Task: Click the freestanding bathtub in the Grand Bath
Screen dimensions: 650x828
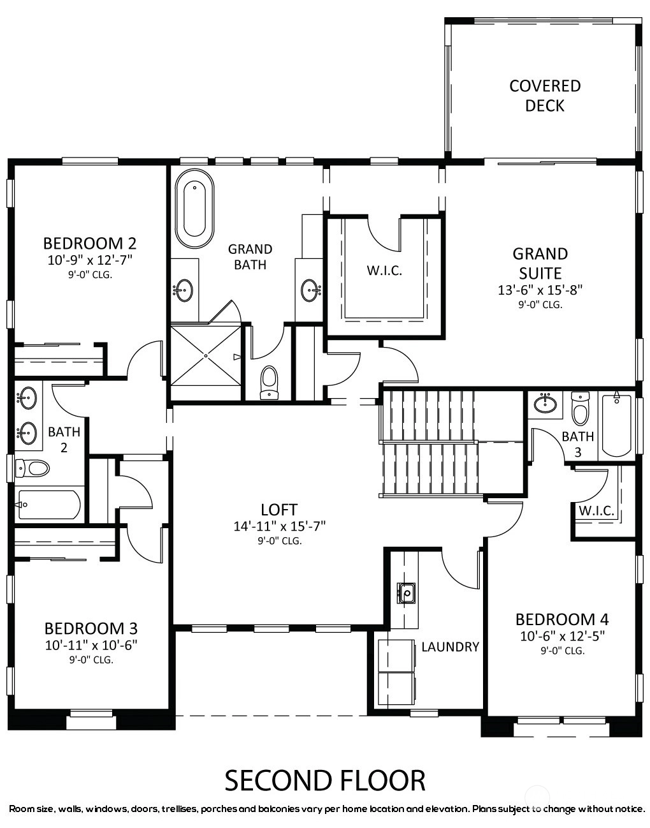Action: point(194,209)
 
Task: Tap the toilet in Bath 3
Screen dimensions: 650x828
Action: point(581,409)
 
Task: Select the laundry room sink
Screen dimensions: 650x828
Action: point(407,593)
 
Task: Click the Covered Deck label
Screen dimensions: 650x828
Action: point(545,96)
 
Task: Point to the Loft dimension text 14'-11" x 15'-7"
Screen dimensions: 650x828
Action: point(280,526)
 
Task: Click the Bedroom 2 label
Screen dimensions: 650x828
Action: point(90,243)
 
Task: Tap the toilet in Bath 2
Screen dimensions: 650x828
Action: point(32,468)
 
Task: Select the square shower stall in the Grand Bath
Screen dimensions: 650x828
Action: point(206,355)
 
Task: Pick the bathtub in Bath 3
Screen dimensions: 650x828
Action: point(617,425)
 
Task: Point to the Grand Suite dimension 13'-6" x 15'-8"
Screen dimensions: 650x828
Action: point(540,290)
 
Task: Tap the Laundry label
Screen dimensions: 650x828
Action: point(450,647)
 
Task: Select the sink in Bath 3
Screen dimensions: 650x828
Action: point(545,404)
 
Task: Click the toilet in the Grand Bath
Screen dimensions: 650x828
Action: point(270,383)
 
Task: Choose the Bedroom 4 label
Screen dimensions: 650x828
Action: point(562,619)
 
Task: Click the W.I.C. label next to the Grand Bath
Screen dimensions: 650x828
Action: point(384,270)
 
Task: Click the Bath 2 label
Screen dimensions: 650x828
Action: point(64,440)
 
